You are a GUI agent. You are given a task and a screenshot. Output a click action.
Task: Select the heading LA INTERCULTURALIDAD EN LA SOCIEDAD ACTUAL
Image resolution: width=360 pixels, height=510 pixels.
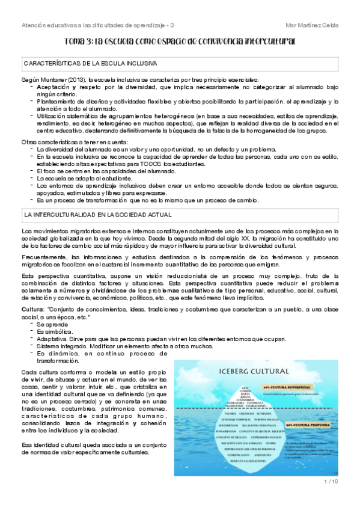(97, 214)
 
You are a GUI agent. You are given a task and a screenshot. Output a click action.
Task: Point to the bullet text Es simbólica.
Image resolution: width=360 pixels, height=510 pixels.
(54, 331)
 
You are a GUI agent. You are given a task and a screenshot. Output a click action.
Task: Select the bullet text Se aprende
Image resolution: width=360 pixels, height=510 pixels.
(53, 324)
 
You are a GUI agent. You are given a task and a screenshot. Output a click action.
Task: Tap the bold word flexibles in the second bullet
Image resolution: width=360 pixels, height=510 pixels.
(162, 102)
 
